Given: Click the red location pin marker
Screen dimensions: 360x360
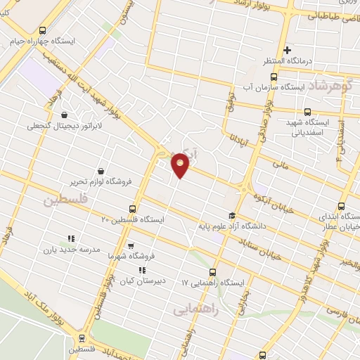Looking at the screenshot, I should (x=181, y=165).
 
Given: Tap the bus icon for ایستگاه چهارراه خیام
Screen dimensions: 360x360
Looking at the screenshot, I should (x=44, y=30).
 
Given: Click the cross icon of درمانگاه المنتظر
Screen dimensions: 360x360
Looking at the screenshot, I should (x=287, y=49).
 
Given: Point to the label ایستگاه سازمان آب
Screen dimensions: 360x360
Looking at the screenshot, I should (x=310, y=88).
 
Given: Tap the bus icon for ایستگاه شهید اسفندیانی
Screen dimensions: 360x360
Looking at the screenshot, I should (x=307, y=112).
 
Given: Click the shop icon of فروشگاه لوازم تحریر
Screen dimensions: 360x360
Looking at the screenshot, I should (x=101, y=170).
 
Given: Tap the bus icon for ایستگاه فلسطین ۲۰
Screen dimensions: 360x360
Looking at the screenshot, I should (x=132, y=209).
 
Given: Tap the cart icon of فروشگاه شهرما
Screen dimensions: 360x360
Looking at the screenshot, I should (x=131, y=246).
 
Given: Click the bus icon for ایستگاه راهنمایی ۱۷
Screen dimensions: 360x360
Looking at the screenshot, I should (x=213, y=272).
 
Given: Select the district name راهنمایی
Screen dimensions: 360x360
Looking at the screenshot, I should (x=196, y=308).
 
